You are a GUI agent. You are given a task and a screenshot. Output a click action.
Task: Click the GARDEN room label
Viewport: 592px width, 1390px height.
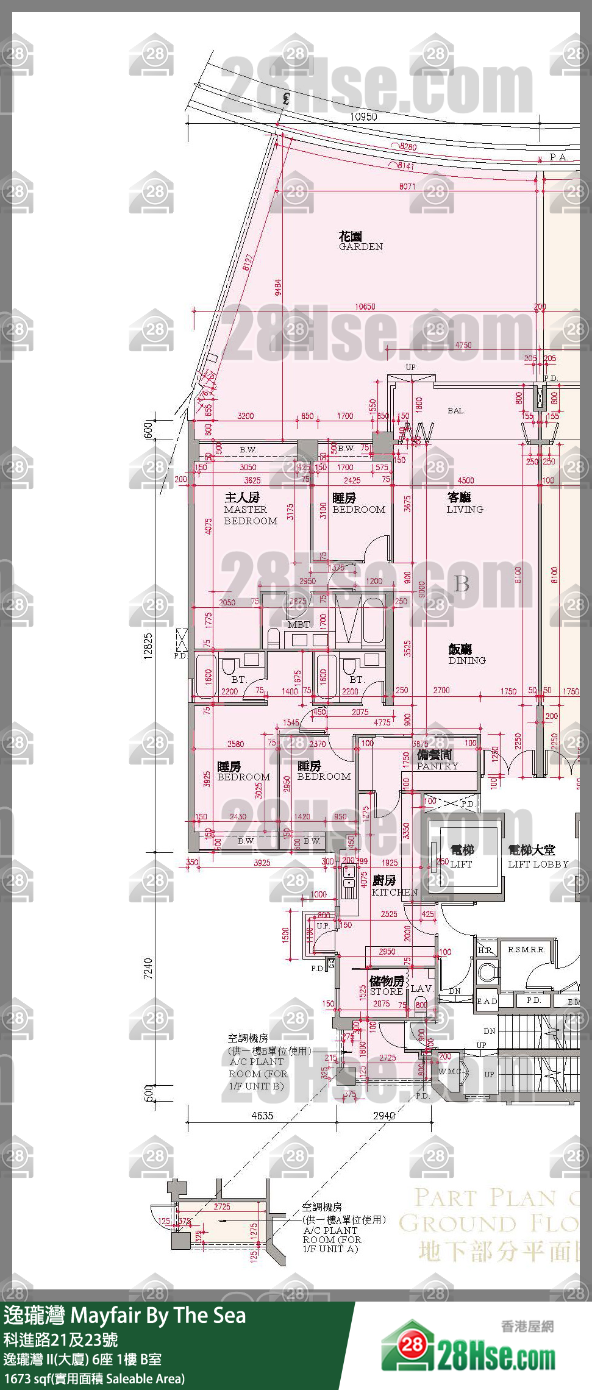(360, 241)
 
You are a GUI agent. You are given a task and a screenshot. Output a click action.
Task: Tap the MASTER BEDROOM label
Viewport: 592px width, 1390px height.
(250, 510)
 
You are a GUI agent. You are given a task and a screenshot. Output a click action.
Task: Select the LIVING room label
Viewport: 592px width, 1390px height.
(465, 504)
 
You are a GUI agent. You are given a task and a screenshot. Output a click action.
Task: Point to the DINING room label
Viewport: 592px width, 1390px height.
(467, 655)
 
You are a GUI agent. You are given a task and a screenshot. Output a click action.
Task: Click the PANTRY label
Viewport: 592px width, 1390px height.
(437, 761)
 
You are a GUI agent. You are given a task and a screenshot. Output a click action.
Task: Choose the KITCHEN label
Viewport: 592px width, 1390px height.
(394, 886)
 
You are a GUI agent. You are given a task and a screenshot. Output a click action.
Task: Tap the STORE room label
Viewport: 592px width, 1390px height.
(387, 986)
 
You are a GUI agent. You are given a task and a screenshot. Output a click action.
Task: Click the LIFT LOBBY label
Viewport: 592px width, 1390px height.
(538, 857)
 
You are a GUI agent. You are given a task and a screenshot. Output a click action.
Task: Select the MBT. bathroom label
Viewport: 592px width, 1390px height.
(299, 625)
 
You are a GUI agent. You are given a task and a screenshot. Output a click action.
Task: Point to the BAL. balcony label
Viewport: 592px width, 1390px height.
(456, 411)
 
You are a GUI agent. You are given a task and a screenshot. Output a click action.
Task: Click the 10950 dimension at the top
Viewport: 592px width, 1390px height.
(363, 117)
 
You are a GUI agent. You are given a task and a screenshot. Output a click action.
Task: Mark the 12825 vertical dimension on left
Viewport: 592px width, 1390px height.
(148, 645)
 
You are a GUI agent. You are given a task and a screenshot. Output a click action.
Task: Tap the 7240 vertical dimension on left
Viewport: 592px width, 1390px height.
(148, 968)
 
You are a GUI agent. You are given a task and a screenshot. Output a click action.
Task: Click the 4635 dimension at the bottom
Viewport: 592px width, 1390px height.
(262, 1116)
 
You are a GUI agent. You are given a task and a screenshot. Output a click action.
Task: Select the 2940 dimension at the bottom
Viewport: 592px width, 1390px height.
(384, 1116)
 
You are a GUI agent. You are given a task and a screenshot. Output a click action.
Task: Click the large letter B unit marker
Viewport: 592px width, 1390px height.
(462, 583)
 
